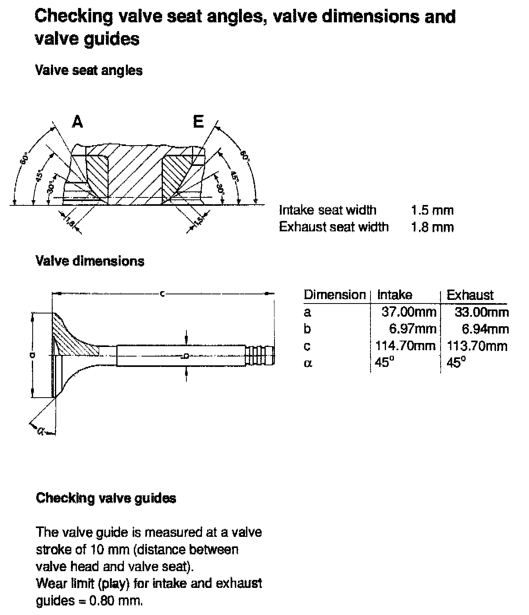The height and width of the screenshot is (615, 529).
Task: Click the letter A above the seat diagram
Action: pos(77,122)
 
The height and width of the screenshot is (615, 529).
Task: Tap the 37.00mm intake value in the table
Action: pos(409,311)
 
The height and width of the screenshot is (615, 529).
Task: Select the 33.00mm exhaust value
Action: pos(481,311)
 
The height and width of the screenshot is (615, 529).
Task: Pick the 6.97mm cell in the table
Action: pos(413,329)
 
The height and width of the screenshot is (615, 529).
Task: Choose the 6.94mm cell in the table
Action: pos(485,329)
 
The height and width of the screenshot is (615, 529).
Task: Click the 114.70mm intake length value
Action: pos(406,345)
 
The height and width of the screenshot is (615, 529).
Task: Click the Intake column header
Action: pos(394,295)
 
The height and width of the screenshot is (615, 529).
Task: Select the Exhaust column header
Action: pos(470,295)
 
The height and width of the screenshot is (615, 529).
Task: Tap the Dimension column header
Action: pos(334,295)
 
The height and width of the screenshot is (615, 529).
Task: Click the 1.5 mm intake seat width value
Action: pos(432,210)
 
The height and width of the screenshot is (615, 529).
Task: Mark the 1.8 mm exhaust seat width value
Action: pos(432,227)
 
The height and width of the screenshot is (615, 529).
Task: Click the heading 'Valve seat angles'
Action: pos(88,71)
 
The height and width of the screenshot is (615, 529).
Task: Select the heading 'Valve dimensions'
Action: pos(90,261)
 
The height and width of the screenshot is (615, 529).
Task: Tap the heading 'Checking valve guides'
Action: pos(106,498)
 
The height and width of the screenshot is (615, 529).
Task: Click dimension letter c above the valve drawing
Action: pos(162,294)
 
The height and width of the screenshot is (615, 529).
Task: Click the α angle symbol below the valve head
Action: pos(40,430)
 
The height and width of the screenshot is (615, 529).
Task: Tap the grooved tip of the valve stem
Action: pos(261,356)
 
